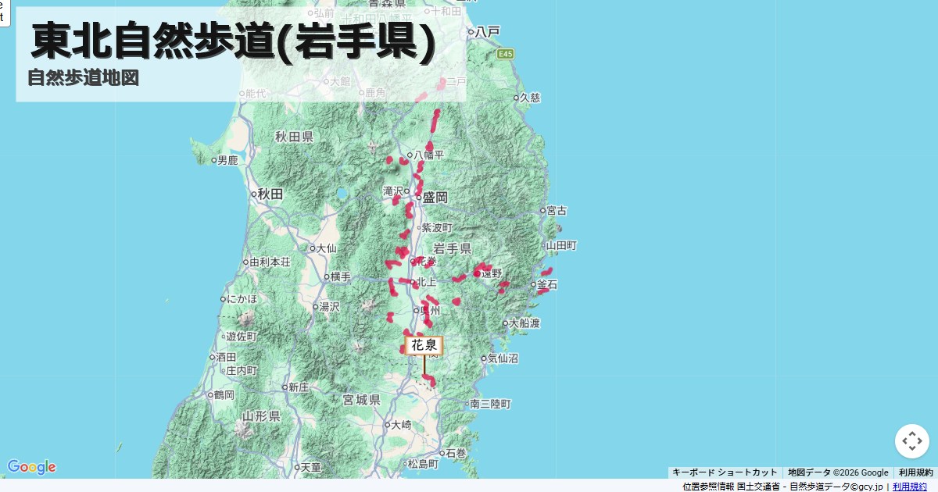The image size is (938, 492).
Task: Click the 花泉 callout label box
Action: (x=424, y=345)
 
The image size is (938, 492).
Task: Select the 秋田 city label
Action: (x=270, y=194)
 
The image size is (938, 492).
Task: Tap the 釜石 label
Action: (x=547, y=284)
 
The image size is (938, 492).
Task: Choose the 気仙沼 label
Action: (x=503, y=359)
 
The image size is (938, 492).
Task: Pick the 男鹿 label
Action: (x=227, y=160)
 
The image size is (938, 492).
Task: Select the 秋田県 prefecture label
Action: (x=294, y=137)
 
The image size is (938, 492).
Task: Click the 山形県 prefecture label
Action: (x=261, y=415)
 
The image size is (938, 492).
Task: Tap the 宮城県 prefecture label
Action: (x=361, y=400)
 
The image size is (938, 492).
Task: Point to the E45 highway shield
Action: (x=507, y=54)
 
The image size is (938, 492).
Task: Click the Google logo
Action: (x=31, y=467)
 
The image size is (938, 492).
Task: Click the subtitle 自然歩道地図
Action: (x=83, y=78)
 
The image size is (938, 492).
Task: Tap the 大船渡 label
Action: (x=525, y=323)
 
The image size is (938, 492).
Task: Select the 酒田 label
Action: (x=227, y=356)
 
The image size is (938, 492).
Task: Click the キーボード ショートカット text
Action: (x=725, y=472)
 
